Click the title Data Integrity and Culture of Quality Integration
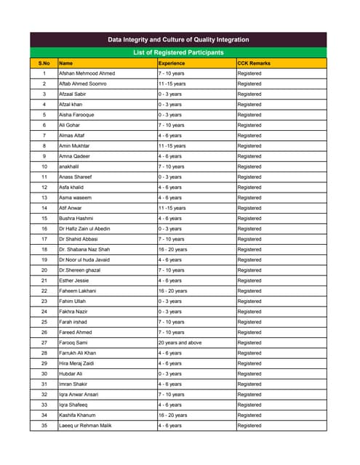coord(178,39)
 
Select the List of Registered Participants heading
coord(178,53)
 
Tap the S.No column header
coord(44,63)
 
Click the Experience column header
coord(172,63)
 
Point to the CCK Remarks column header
coord(254,63)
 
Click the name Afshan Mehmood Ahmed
coord(87,73)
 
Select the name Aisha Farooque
coord(76,115)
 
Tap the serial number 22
coord(44,291)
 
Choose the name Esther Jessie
coord(75,280)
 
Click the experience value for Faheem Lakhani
coord(172,291)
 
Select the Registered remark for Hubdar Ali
coord(249,373)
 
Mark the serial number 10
coord(44,166)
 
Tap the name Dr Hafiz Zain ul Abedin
coord(84,229)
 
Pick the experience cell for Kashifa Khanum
coord(172,415)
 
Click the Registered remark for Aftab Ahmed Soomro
coord(249,84)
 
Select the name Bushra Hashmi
coord(76,218)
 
